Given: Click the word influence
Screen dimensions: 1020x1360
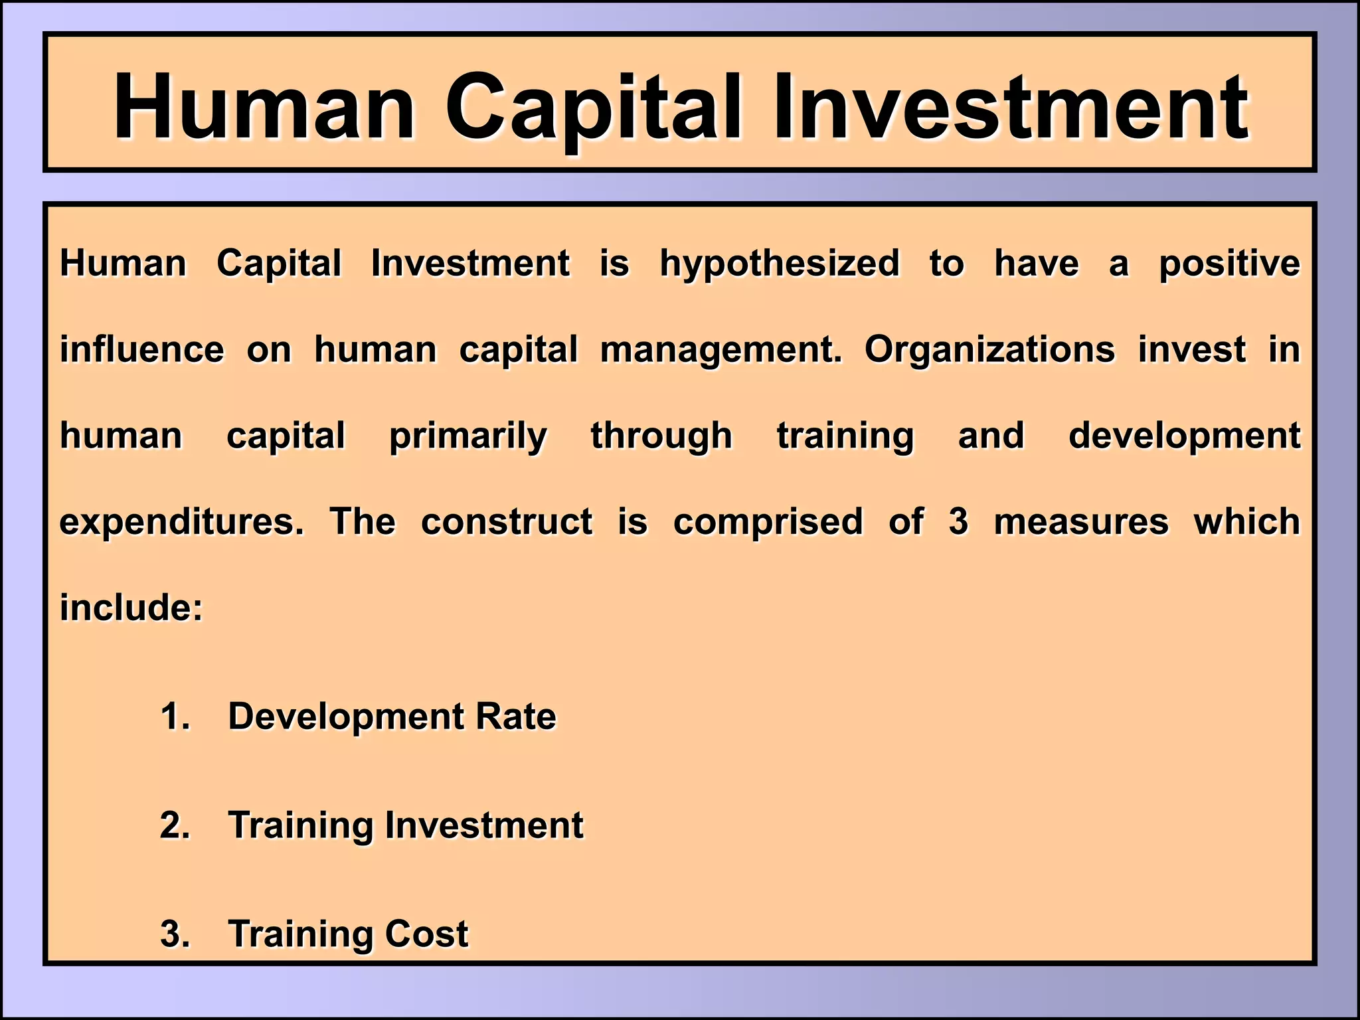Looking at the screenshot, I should (142, 350).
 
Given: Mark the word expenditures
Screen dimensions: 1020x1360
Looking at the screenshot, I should (181, 523).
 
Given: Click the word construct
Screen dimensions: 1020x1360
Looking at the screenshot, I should (507, 522).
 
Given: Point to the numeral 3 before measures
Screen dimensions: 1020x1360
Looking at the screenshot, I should (958, 522).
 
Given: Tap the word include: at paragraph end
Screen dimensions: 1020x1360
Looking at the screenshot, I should (131, 608).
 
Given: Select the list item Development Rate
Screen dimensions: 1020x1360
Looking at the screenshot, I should (392, 717).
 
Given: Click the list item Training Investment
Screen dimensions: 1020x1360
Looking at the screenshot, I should (405, 825).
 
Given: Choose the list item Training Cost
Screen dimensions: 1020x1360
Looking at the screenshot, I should (348, 934).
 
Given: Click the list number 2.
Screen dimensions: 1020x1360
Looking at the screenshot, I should (175, 825).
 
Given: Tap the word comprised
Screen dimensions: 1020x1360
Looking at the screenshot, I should (768, 523).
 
